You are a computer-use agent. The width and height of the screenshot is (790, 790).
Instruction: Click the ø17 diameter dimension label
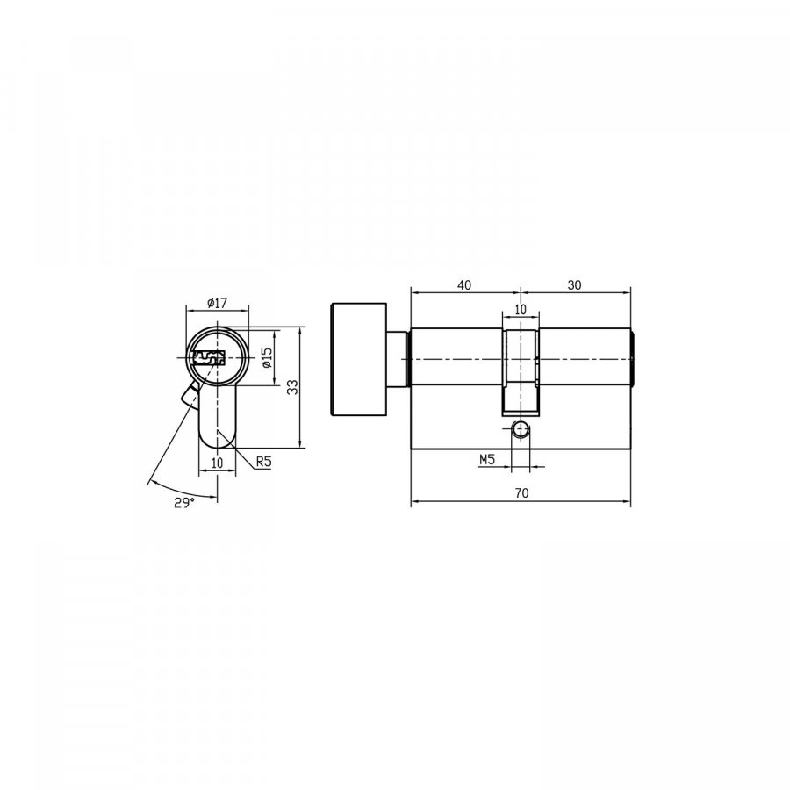(217, 304)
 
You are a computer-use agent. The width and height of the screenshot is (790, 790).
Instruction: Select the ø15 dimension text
(267, 357)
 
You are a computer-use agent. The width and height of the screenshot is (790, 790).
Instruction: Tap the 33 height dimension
(292, 387)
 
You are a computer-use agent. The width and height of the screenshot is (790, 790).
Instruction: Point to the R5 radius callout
(263, 461)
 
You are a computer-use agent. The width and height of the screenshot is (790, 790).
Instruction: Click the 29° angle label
(185, 502)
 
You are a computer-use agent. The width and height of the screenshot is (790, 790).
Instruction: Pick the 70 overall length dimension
(522, 492)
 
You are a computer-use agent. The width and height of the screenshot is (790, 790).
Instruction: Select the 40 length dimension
(464, 285)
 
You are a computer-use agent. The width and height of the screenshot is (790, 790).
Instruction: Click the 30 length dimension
(574, 285)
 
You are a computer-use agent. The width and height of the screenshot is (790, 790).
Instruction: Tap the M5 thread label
(486, 459)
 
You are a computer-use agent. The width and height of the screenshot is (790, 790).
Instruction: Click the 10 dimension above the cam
(521, 309)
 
